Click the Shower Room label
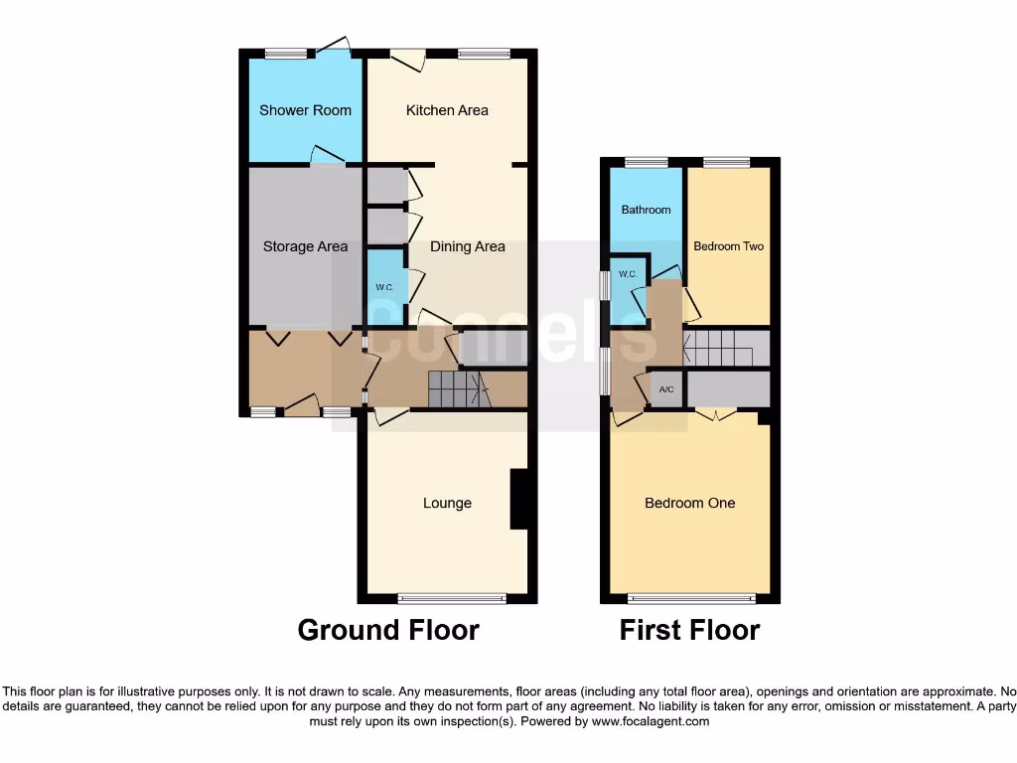305,110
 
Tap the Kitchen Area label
447,110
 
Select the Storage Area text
305,246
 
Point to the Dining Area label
467,246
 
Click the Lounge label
447,503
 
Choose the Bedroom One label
689,503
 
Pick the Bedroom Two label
728,245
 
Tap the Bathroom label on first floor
646,210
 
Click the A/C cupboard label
666,389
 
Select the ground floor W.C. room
385,287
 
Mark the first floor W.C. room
627,275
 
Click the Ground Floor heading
388,630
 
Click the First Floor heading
689,630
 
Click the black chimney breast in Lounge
518,500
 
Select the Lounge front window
452,598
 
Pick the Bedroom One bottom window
692,598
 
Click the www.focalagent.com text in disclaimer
650,721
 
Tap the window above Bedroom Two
727,162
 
